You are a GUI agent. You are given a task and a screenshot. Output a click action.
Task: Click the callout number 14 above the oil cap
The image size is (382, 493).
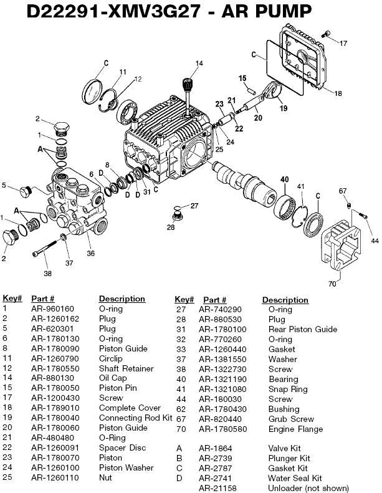(199, 63)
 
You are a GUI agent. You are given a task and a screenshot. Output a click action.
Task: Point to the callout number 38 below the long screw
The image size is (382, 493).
(47, 272)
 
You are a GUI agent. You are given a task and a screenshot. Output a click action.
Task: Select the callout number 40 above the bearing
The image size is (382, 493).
(284, 179)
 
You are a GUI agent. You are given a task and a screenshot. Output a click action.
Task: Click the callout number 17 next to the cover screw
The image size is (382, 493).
(343, 42)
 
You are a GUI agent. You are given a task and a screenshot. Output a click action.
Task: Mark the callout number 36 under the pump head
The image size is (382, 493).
(91, 253)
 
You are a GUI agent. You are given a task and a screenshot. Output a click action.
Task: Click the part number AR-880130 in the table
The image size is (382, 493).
(52, 379)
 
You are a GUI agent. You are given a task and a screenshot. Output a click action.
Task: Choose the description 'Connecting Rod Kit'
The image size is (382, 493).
(135, 419)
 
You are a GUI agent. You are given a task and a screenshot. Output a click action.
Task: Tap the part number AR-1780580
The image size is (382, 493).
(222, 429)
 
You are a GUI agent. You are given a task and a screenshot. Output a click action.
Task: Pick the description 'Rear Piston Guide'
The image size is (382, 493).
(303, 329)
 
